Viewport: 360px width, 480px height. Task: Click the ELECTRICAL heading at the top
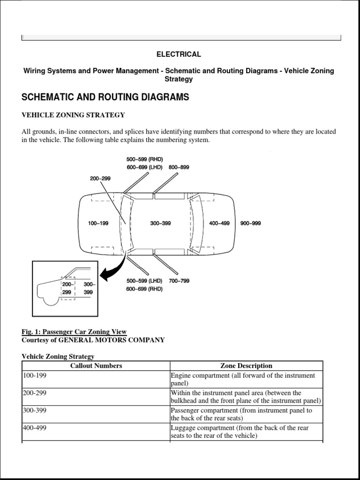tap(179, 54)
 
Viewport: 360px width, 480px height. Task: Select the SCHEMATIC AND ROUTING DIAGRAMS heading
tap(105, 97)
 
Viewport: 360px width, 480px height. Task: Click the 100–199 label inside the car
tap(98, 224)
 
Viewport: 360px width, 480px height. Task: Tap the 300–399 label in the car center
tap(160, 224)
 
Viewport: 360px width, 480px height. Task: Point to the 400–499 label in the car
tap(219, 224)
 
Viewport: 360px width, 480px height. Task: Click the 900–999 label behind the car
tap(250, 224)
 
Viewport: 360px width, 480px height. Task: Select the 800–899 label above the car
tap(179, 167)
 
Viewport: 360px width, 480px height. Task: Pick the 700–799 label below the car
tap(179, 281)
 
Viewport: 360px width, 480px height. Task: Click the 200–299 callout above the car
tap(100, 179)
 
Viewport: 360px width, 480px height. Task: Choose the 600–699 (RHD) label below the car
tap(144, 289)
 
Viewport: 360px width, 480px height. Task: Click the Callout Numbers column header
tap(96, 366)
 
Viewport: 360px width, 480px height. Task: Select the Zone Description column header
tap(246, 366)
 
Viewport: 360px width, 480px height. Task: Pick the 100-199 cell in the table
tap(35, 375)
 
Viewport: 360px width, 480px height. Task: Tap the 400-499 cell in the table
tap(35, 427)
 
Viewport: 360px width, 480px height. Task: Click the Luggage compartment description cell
tap(240, 432)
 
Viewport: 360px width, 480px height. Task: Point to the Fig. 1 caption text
tap(74, 332)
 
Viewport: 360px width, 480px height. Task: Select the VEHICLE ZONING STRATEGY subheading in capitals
tap(73, 115)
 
